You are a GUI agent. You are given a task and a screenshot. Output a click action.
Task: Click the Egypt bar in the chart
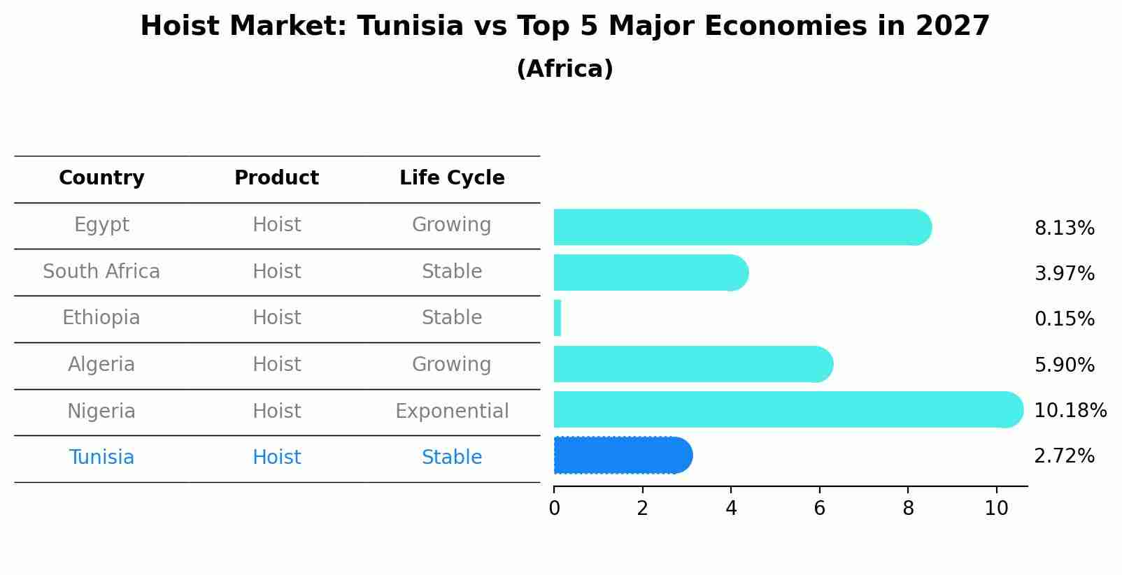coord(741,227)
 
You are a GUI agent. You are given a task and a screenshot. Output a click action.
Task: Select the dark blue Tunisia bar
coord(623,456)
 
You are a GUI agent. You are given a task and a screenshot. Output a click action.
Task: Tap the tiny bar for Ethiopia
coord(558,318)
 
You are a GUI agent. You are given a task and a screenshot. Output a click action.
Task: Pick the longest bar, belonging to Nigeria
coord(787,409)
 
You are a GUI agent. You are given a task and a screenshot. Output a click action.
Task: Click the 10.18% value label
coord(1070,410)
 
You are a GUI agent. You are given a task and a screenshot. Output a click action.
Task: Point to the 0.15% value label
coord(1064,319)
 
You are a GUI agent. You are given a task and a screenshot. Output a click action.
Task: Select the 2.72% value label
coord(1064,456)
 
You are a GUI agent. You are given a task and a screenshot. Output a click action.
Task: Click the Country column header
coord(101,178)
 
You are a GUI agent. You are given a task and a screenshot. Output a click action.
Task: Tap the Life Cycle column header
coord(452,178)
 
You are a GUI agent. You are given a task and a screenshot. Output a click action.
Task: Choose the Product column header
coord(276,178)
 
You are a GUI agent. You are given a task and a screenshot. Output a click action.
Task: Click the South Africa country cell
coord(101,272)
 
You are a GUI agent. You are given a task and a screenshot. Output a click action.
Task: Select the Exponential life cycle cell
coord(452,412)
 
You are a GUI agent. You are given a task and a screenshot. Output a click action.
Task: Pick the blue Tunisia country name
coord(101,458)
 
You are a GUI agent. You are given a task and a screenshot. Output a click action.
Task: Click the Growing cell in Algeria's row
coord(452,365)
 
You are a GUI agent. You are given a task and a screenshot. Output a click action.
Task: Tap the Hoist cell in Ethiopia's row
coord(276,318)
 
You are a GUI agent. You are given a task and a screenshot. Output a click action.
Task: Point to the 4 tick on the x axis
coord(731,509)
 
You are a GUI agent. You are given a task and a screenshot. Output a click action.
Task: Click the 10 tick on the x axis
coord(996,509)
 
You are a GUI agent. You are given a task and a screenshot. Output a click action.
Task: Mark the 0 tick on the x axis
coord(554,509)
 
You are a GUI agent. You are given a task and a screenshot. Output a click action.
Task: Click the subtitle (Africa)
coord(564,69)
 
